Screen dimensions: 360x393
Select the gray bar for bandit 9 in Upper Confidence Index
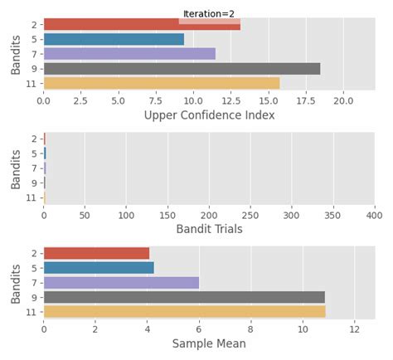click(182, 69)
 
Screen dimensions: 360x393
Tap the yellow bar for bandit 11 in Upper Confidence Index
click(162, 83)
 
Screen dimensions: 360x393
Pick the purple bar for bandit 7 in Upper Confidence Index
click(129, 54)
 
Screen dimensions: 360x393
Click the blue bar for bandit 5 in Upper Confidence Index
click(114, 39)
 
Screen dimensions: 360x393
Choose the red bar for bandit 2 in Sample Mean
click(96, 253)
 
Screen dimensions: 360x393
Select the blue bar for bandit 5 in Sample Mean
click(99, 268)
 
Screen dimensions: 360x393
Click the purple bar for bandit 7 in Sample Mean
click(121, 282)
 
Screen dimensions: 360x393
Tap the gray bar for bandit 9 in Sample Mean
click(184, 297)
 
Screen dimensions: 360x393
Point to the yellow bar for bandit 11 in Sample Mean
click(184, 312)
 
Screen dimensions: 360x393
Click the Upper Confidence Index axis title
click(209, 115)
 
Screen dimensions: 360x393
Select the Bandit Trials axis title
click(209, 229)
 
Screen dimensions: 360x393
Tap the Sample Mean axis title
click(209, 343)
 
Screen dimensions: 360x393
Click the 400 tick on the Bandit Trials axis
click(374, 214)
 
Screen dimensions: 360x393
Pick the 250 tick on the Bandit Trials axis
click(250, 214)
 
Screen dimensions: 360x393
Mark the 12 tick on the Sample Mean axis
click(354, 328)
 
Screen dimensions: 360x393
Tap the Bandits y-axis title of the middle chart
click(17, 168)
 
